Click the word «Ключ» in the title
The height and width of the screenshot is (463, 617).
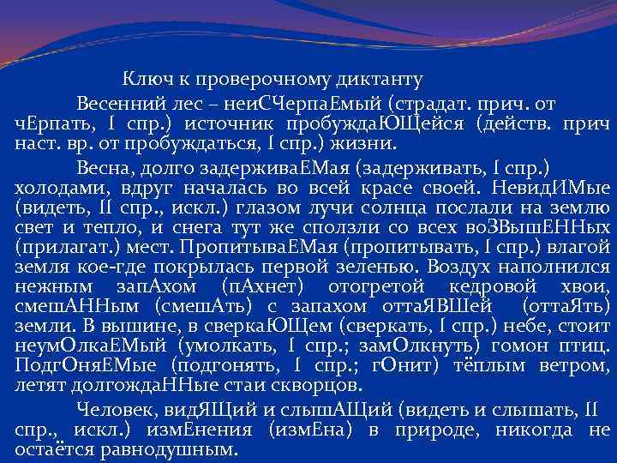[x=147, y=80]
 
